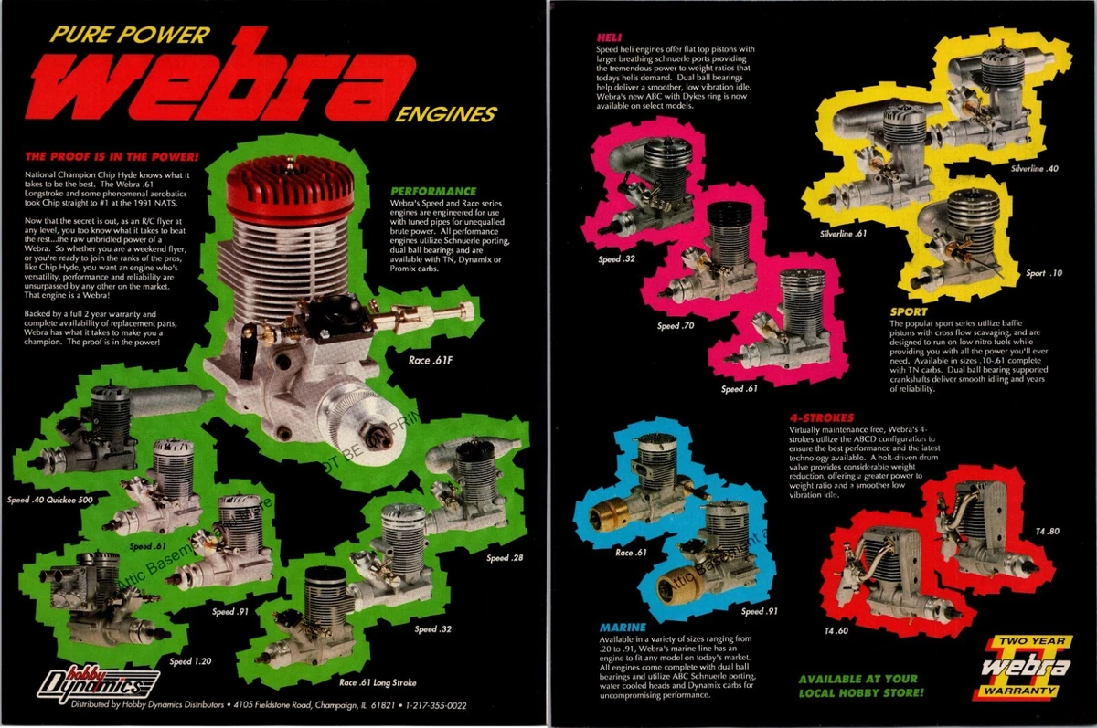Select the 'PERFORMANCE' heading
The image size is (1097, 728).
click(x=422, y=191)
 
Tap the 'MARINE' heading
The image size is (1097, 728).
click(x=623, y=628)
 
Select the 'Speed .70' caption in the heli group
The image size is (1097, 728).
click(x=676, y=325)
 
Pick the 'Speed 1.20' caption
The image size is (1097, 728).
click(x=193, y=660)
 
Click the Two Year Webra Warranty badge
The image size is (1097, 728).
click(x=1020, y=669)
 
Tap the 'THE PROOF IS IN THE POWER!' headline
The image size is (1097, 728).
click(x=105, y=155)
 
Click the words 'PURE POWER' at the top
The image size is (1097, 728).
click(x=129, y=36)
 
